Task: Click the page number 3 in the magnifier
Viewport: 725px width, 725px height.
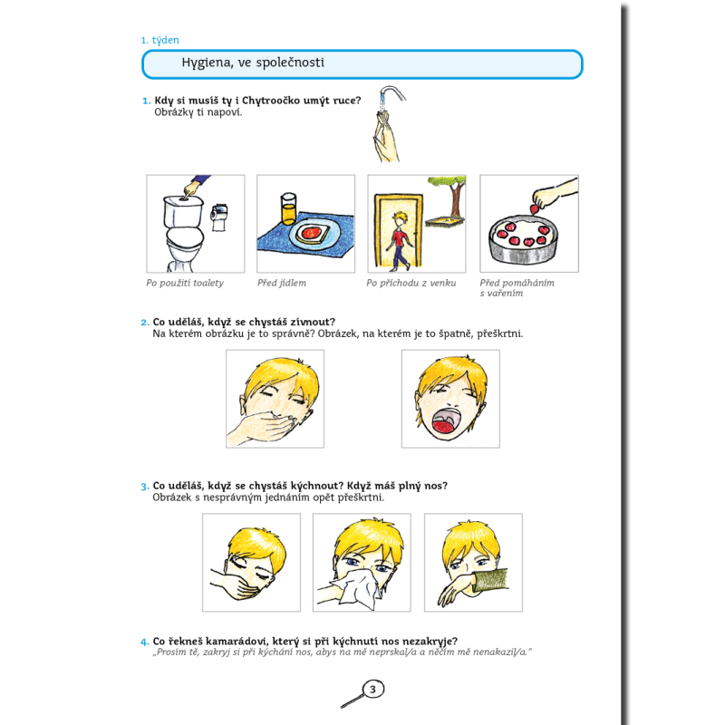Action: click(372, 690)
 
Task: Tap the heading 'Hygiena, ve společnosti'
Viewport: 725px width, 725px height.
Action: click(253, 63)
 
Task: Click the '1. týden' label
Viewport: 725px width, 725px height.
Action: click(160, 40)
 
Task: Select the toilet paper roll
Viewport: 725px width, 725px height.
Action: click(219, 217)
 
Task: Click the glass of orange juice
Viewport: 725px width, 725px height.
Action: click(288, 208)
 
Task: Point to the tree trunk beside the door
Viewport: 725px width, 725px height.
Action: click(458, 198)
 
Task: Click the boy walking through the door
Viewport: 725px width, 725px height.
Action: click(399, 240)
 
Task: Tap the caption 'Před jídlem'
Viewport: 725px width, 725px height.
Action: click(282, 283)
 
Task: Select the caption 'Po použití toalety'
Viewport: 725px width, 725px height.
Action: click(185, 283)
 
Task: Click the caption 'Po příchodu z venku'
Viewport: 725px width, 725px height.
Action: click(411, 283)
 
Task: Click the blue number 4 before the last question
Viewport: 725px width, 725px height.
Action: click(145, 642)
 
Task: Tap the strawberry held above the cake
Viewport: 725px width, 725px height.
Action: click(535, 209)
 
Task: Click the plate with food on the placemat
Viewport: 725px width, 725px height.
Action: click(310, 233)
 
